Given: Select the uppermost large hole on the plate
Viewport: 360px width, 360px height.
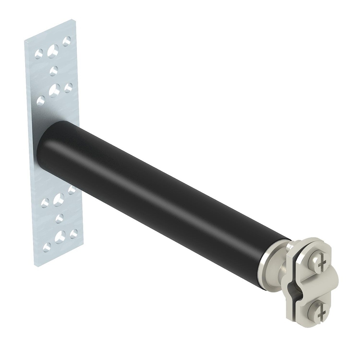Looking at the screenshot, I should tap(53, 51).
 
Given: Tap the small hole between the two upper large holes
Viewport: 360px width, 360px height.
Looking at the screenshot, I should tap(54, 70).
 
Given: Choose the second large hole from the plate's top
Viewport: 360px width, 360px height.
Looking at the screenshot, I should tap(54, 90).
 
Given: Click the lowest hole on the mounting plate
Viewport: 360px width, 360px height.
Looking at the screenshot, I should tap(46, 247).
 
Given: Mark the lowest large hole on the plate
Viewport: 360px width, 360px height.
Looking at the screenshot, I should tap(60, 236).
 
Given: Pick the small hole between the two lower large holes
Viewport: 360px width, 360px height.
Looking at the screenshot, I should tap(59, 218).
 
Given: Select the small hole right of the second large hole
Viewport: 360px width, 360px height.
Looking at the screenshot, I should tap(68, 87).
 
